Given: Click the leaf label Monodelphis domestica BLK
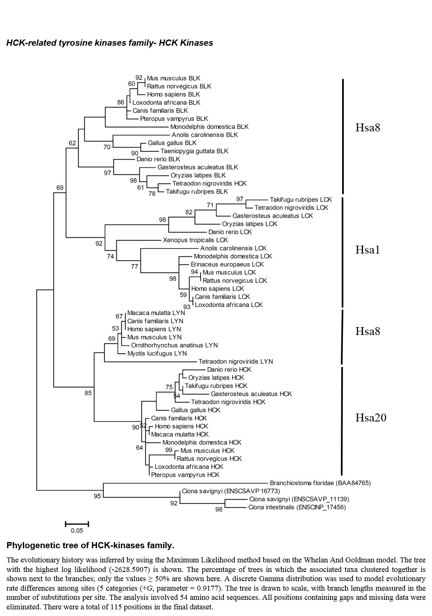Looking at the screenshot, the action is click(209, 127).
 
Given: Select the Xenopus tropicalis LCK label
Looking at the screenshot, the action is click(195, 240).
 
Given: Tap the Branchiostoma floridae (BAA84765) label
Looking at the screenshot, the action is click(320, 483).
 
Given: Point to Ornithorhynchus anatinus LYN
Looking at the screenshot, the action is click(174, 345).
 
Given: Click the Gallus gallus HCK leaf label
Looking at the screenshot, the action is click(196, 410).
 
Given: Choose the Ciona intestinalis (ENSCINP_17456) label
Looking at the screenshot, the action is click(297, 507).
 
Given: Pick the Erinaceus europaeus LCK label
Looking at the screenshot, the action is click(227, 264).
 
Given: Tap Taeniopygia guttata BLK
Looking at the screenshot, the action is click(194, 151).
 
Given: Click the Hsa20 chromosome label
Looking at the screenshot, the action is click(371, 417).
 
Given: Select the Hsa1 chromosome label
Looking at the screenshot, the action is click(367, 250).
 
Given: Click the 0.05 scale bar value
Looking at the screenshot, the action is click(77, 530).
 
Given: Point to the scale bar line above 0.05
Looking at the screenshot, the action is click(77, 524).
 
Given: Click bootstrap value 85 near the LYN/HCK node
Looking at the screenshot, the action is click(88, 393).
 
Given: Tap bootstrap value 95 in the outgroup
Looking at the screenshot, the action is click(97, 496).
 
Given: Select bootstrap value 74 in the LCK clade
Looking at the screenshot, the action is click(110, 256).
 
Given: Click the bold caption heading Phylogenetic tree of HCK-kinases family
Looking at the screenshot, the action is click(90, 545).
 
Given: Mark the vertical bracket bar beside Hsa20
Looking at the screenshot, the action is click(342, 421).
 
